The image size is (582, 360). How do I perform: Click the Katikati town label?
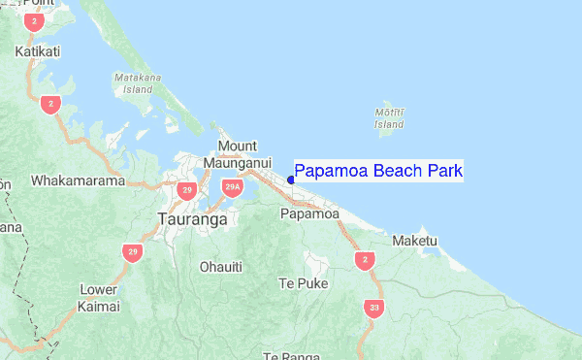pyautogui.click(x=38, y=50)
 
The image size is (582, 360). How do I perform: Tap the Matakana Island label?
pyautogui.click(x=133, y=82)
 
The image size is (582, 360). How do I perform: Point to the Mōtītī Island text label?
pyautogui.click(x=389, y=118)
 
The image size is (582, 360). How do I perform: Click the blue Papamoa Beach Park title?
pyautogui.click(x=378, y=172)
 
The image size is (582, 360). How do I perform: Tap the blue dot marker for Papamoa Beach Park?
pyautogui.click(x=291, y=180)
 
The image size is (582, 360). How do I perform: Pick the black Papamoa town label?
pyautogui.click(x=309, y=213)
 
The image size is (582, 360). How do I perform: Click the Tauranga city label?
pyautogui.click(x=191, y=219)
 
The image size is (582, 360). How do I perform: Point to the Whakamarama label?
pyautogui.click(x=79, y=180)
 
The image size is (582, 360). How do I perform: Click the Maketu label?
pyautogui.click(x=415, y=240)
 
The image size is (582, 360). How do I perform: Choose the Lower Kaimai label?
pyautogui.click(x=99, y=298)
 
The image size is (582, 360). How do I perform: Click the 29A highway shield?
pyautogui.click(x=231, y=187)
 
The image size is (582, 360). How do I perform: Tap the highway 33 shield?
pyautogui.click(x=373, y=309)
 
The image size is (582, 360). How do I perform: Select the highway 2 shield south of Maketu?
pyautogui.click(x=364, y=259)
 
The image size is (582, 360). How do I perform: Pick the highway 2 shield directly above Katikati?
pyautogui.click(x=35, y=20)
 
